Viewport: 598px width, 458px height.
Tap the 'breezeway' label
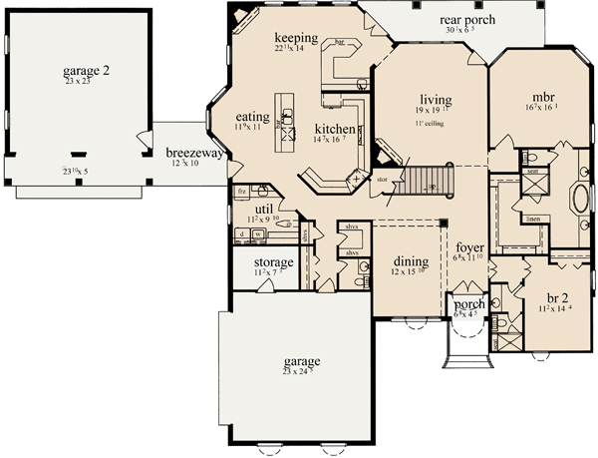[193, 153]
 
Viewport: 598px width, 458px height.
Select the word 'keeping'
[296, 38]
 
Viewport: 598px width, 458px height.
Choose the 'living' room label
[437, 100]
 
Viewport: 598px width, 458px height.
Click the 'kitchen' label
[334, 130]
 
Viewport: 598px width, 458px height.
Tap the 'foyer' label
[470, 246]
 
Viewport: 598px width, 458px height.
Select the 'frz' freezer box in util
[240, 189]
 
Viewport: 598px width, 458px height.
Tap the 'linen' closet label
[534, 217]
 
